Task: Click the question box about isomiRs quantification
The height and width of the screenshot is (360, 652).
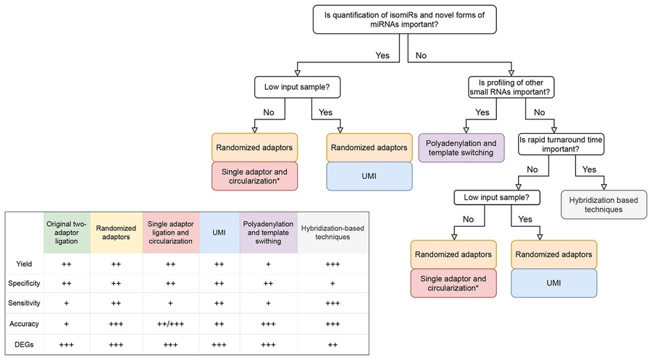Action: [404, 20]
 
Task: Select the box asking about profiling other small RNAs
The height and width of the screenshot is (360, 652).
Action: [511, 88]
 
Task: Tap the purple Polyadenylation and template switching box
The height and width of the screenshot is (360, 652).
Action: [461, 148]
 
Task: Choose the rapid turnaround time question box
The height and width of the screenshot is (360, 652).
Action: [561, 144]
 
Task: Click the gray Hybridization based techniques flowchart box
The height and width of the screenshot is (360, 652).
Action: [603, 204]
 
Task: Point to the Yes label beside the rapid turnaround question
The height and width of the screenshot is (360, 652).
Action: [589, 169]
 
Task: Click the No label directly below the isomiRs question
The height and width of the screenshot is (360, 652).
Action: [421, 56]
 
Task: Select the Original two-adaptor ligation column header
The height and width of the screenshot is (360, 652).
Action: [67, 233]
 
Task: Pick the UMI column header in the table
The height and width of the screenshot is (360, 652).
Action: [219, 233]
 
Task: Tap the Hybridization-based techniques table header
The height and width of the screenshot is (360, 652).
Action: [333, 233]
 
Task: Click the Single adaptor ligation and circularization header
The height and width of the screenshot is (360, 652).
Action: [170, 233]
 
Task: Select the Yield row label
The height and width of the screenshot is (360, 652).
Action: [24, 264]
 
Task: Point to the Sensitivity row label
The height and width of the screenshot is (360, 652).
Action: [24, 303]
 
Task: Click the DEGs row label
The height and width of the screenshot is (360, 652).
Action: [24, 345]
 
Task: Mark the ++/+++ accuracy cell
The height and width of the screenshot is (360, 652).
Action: [170, 324]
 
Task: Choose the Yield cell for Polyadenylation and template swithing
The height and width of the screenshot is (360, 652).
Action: [268, 264]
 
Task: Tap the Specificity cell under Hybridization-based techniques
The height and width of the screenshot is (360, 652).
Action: [333, 283]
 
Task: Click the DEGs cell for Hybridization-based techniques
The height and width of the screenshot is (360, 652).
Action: [333, 345]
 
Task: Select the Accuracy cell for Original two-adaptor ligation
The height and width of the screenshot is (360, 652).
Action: [67, 324]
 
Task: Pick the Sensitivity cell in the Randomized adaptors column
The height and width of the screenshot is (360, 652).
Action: [116, 303]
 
